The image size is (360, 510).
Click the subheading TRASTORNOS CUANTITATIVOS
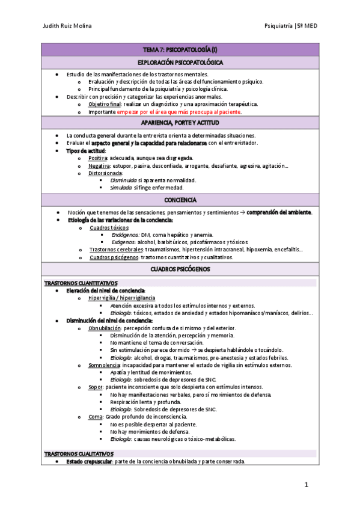pos(81,283)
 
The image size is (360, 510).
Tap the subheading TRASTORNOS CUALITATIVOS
pos(79,453)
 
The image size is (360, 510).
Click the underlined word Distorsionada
pos(105,173)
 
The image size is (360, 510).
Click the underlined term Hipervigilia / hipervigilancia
pos(121,298)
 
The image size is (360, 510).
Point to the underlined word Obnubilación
pos(105,328)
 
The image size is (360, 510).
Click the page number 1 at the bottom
pos(306,485)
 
